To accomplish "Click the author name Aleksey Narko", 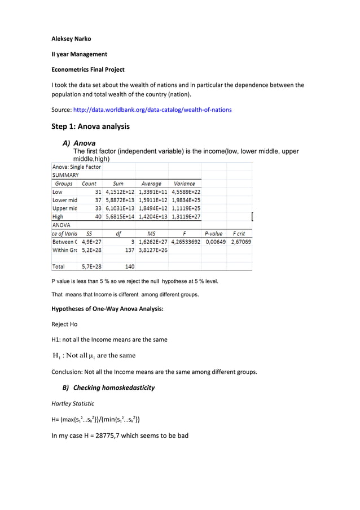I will pyautogui.click(x=72, y=39).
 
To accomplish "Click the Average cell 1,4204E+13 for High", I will pyautogui.click(x=151, y=216).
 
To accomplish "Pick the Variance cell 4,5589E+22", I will pyautogui.click(x=185, y=191).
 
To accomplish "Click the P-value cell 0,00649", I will pyautogui.click(x=215, y=241).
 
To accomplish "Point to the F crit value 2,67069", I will pyautogui.click(x=241, y=241).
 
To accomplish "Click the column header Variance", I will pyautogui.click(x=185, y=184).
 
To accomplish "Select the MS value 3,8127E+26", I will pyautogui.click(x=151, y=250).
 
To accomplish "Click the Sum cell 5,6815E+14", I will pyautogui.click(x=118, y=216).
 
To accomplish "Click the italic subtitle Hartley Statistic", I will pyautogui.click(x=73, y=403).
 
